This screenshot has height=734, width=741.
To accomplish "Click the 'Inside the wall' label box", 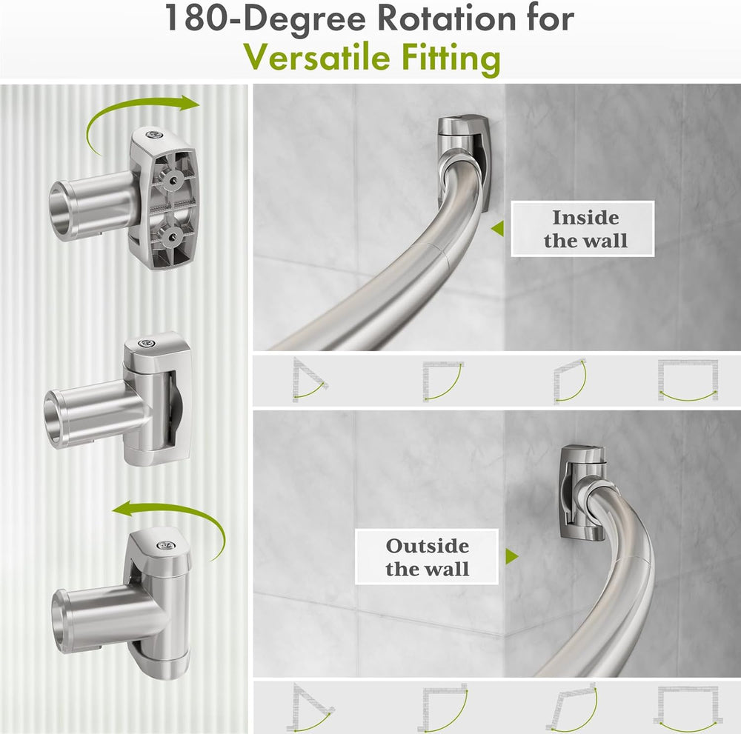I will pos(582,229).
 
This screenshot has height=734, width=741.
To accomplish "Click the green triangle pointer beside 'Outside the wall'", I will pos(511,556).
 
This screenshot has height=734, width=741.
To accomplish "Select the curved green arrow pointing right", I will pos(142,119).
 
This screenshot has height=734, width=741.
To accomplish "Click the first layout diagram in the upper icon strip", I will pos(308,380).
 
